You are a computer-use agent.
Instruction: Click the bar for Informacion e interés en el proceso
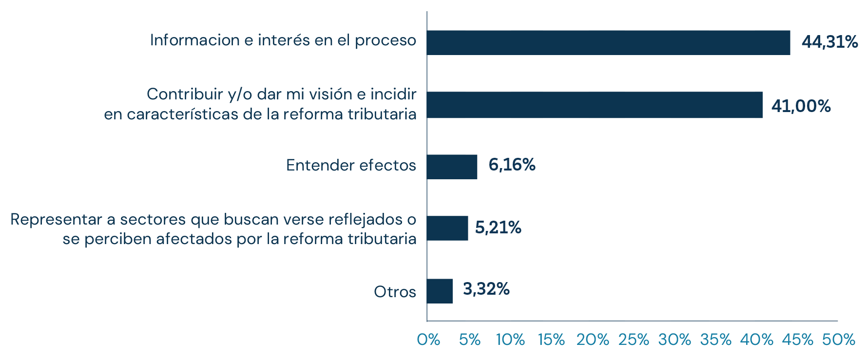(608, 42)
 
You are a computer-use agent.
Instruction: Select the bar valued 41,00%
(595, 105)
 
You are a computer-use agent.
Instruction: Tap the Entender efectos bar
(452, 167)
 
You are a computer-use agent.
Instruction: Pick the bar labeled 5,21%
(447, 228)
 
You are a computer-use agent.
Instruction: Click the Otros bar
(440, 291)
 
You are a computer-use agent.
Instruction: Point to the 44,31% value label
(829, 42)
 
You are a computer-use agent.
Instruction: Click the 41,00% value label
(801, 106)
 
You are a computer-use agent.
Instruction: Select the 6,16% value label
(512, 165)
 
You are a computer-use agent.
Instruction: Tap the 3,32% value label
(486, 289)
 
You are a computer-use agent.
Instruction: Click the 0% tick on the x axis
(428, 340)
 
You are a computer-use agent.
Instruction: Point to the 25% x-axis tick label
(634, 340)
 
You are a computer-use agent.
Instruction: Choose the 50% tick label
(838, 340)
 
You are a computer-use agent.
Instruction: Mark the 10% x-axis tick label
(510, 340)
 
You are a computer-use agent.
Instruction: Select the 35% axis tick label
(715, 340)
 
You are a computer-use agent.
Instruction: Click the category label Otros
(395, 292)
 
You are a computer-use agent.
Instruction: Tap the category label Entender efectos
(351, 166)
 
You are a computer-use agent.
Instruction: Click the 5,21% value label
(498, 227)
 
